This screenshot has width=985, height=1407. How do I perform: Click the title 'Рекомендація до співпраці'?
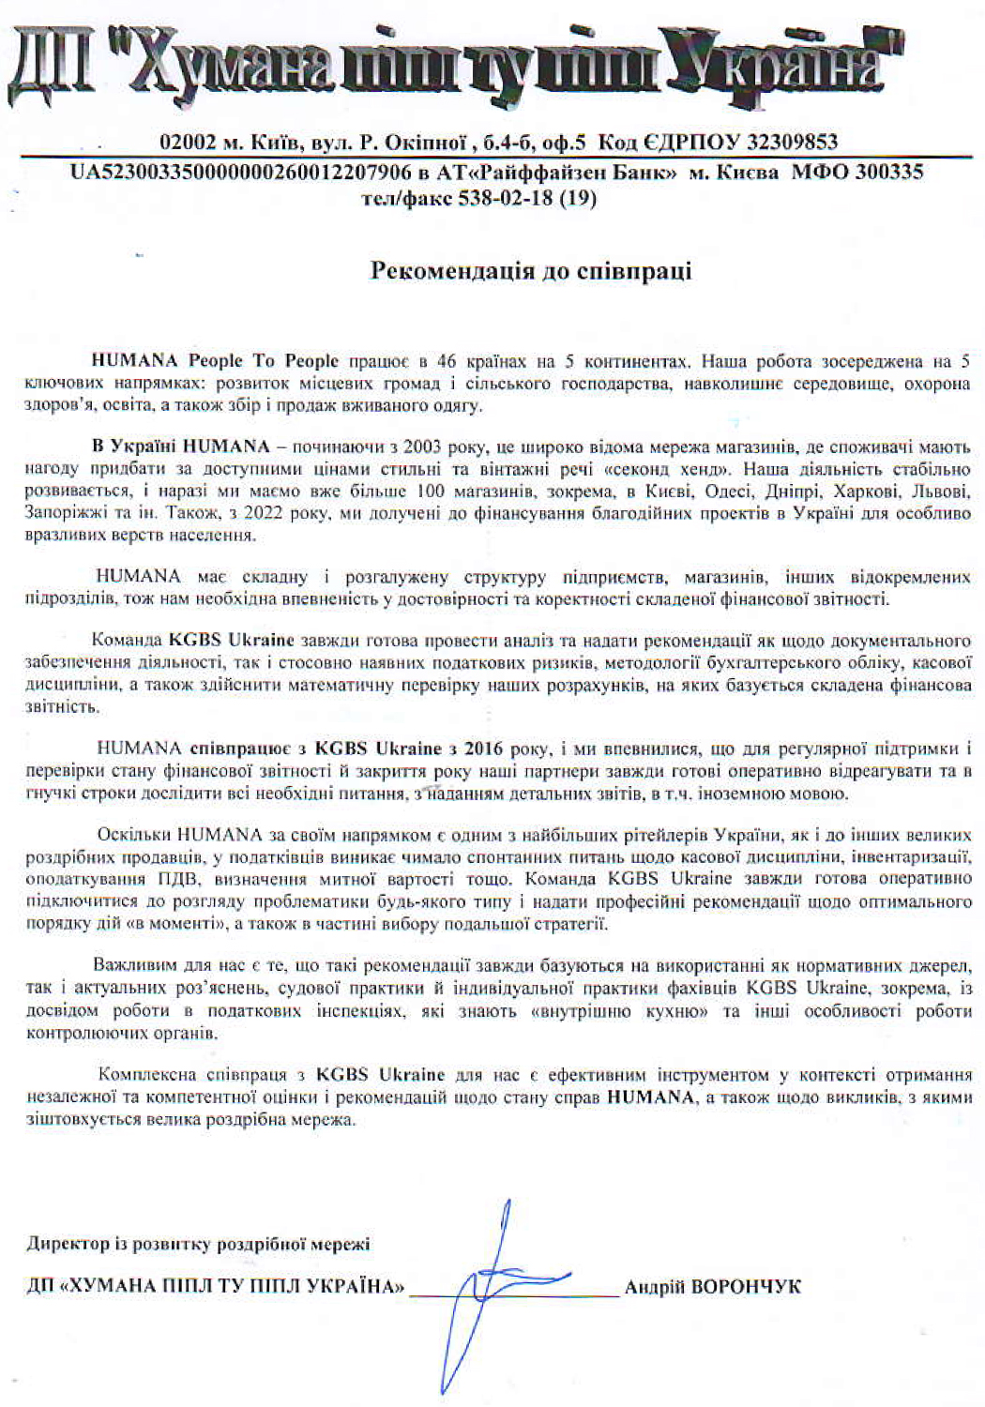pyautogui.click(x=531, y=271)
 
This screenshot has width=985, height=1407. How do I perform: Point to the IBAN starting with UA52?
pyautogui.click(x=241, y=173)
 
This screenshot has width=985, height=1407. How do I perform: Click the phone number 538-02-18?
pyautogui.click(x=506, y=199)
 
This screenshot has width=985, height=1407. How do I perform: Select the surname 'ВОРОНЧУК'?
pyautogui.click(x=746, y=1287)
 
